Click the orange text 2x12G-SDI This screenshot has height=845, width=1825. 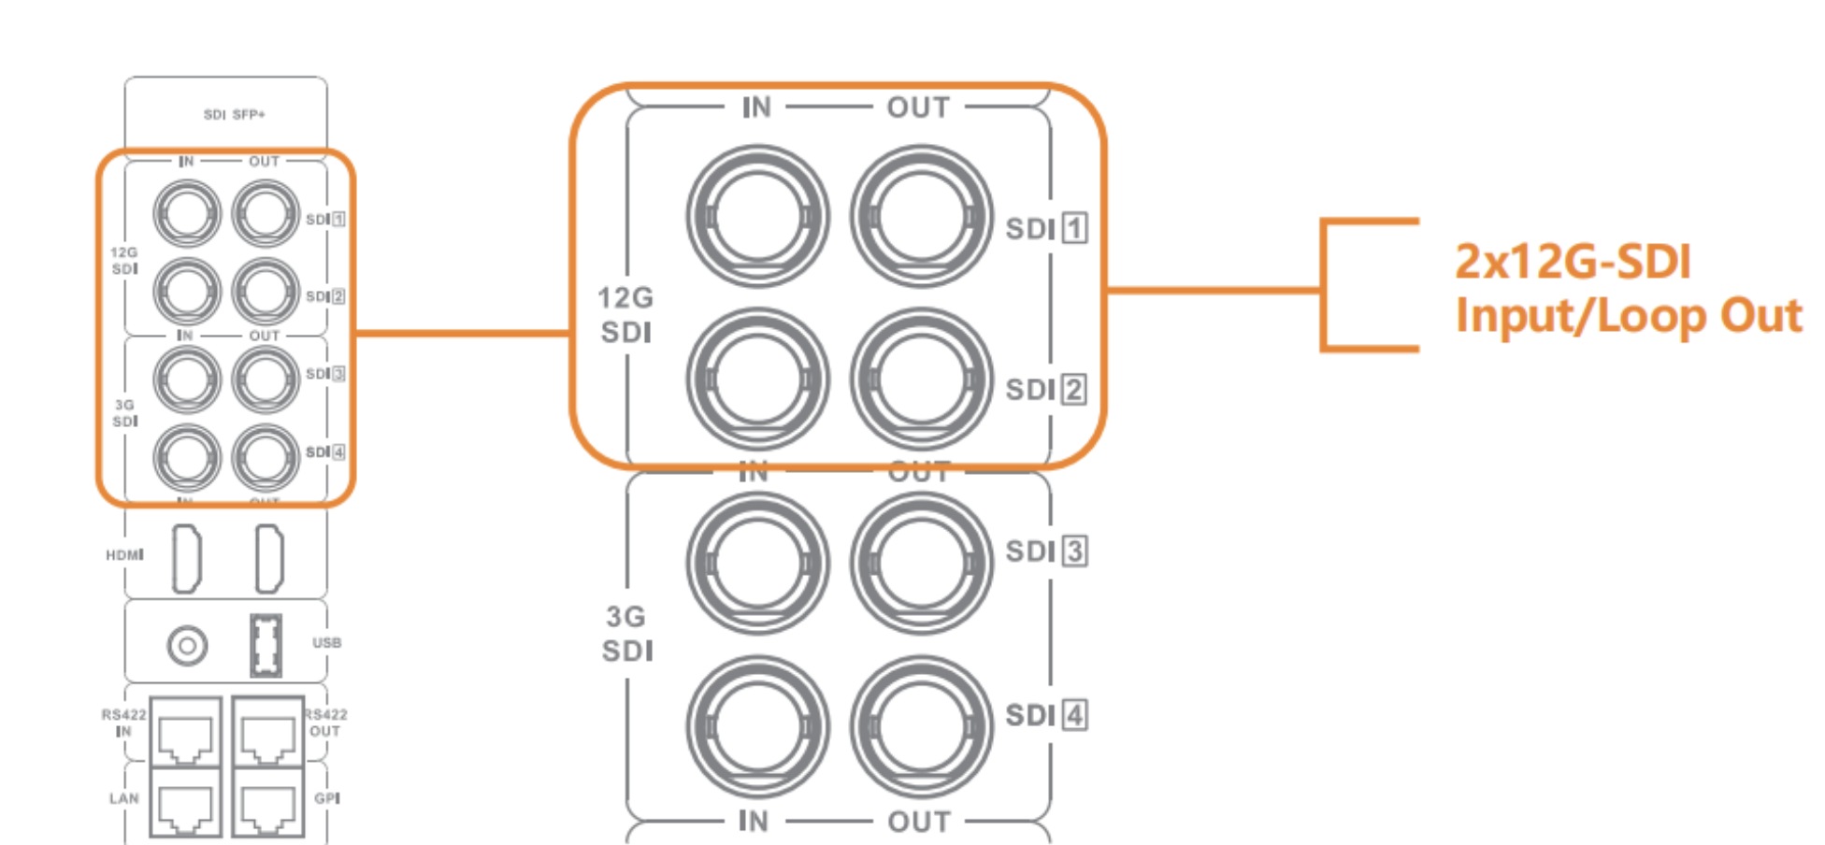click(1573, 262)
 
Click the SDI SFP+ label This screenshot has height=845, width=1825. click(235, 114)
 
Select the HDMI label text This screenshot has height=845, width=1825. click(124, 555)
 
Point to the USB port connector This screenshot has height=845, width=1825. click(266, 645)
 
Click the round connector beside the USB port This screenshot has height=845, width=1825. click(187, 645)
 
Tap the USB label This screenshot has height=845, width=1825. click(326, 643)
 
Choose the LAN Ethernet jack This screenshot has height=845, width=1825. click(186, 803)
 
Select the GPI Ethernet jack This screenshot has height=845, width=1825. click(268, 803)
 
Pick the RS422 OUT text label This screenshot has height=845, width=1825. click(325, 723)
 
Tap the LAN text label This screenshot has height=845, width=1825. click(124, 798)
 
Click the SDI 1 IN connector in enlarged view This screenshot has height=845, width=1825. click(757, 217)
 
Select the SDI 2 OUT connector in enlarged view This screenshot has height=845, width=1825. click(921, 380)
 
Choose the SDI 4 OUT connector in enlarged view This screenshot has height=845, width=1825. click(921, 727)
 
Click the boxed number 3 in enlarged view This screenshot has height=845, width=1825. click(1075, 551)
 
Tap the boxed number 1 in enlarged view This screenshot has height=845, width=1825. click(1075, 228)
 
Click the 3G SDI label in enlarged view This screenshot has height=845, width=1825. click(626, 634)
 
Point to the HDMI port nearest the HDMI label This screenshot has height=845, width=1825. click(187, 558)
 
